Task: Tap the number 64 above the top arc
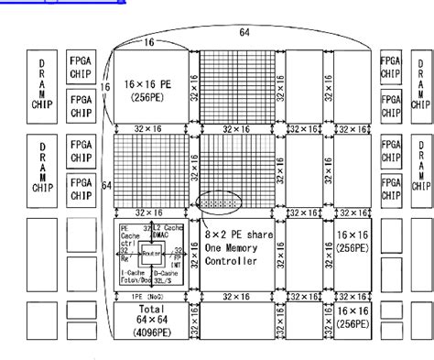coord(244,32)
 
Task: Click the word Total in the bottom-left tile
coord(148,310)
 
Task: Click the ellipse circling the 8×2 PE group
coord(219,197)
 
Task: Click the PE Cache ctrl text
coord(127,235)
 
